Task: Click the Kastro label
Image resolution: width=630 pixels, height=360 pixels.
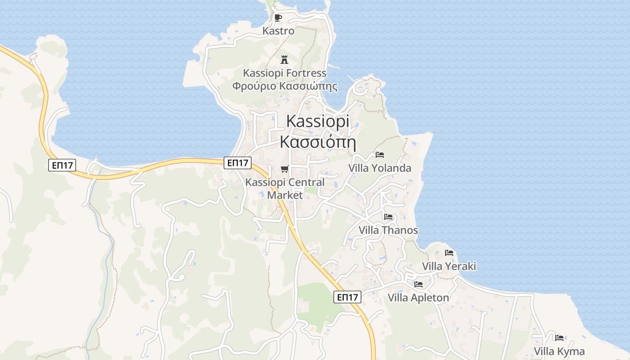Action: [279, 31]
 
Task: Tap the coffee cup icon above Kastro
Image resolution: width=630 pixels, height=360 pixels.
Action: [278, 18]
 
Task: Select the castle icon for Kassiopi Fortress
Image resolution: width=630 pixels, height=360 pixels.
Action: [284, 59]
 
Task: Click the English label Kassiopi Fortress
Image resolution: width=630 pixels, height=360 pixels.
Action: [284, 73]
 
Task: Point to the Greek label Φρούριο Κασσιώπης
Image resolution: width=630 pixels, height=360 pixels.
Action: [284, 85]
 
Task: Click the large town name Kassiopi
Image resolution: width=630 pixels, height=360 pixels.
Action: [318, 121]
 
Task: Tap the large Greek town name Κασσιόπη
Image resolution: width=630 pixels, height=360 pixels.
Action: [318, 142]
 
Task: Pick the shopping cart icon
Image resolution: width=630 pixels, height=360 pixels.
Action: [284, 169]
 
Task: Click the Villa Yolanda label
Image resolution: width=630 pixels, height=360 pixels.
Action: [380, 168]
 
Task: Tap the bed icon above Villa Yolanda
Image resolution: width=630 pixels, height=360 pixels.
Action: [380, 155]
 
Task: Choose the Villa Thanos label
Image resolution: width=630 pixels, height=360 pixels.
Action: [388, 230]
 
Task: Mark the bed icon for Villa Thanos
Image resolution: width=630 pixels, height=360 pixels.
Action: [388, 217]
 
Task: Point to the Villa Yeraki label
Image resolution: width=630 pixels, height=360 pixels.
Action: [449, 266]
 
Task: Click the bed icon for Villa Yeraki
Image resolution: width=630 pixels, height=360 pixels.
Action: [449, 253]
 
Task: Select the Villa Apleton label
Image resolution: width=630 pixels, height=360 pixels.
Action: [418, 298]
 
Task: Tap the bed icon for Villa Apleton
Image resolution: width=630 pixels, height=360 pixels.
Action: [418, 284]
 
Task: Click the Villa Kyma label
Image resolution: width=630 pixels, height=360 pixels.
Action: [559, 351]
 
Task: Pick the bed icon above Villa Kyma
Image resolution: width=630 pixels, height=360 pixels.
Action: [559, 338]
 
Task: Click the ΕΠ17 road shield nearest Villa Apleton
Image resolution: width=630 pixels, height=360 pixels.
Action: [348, 297]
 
